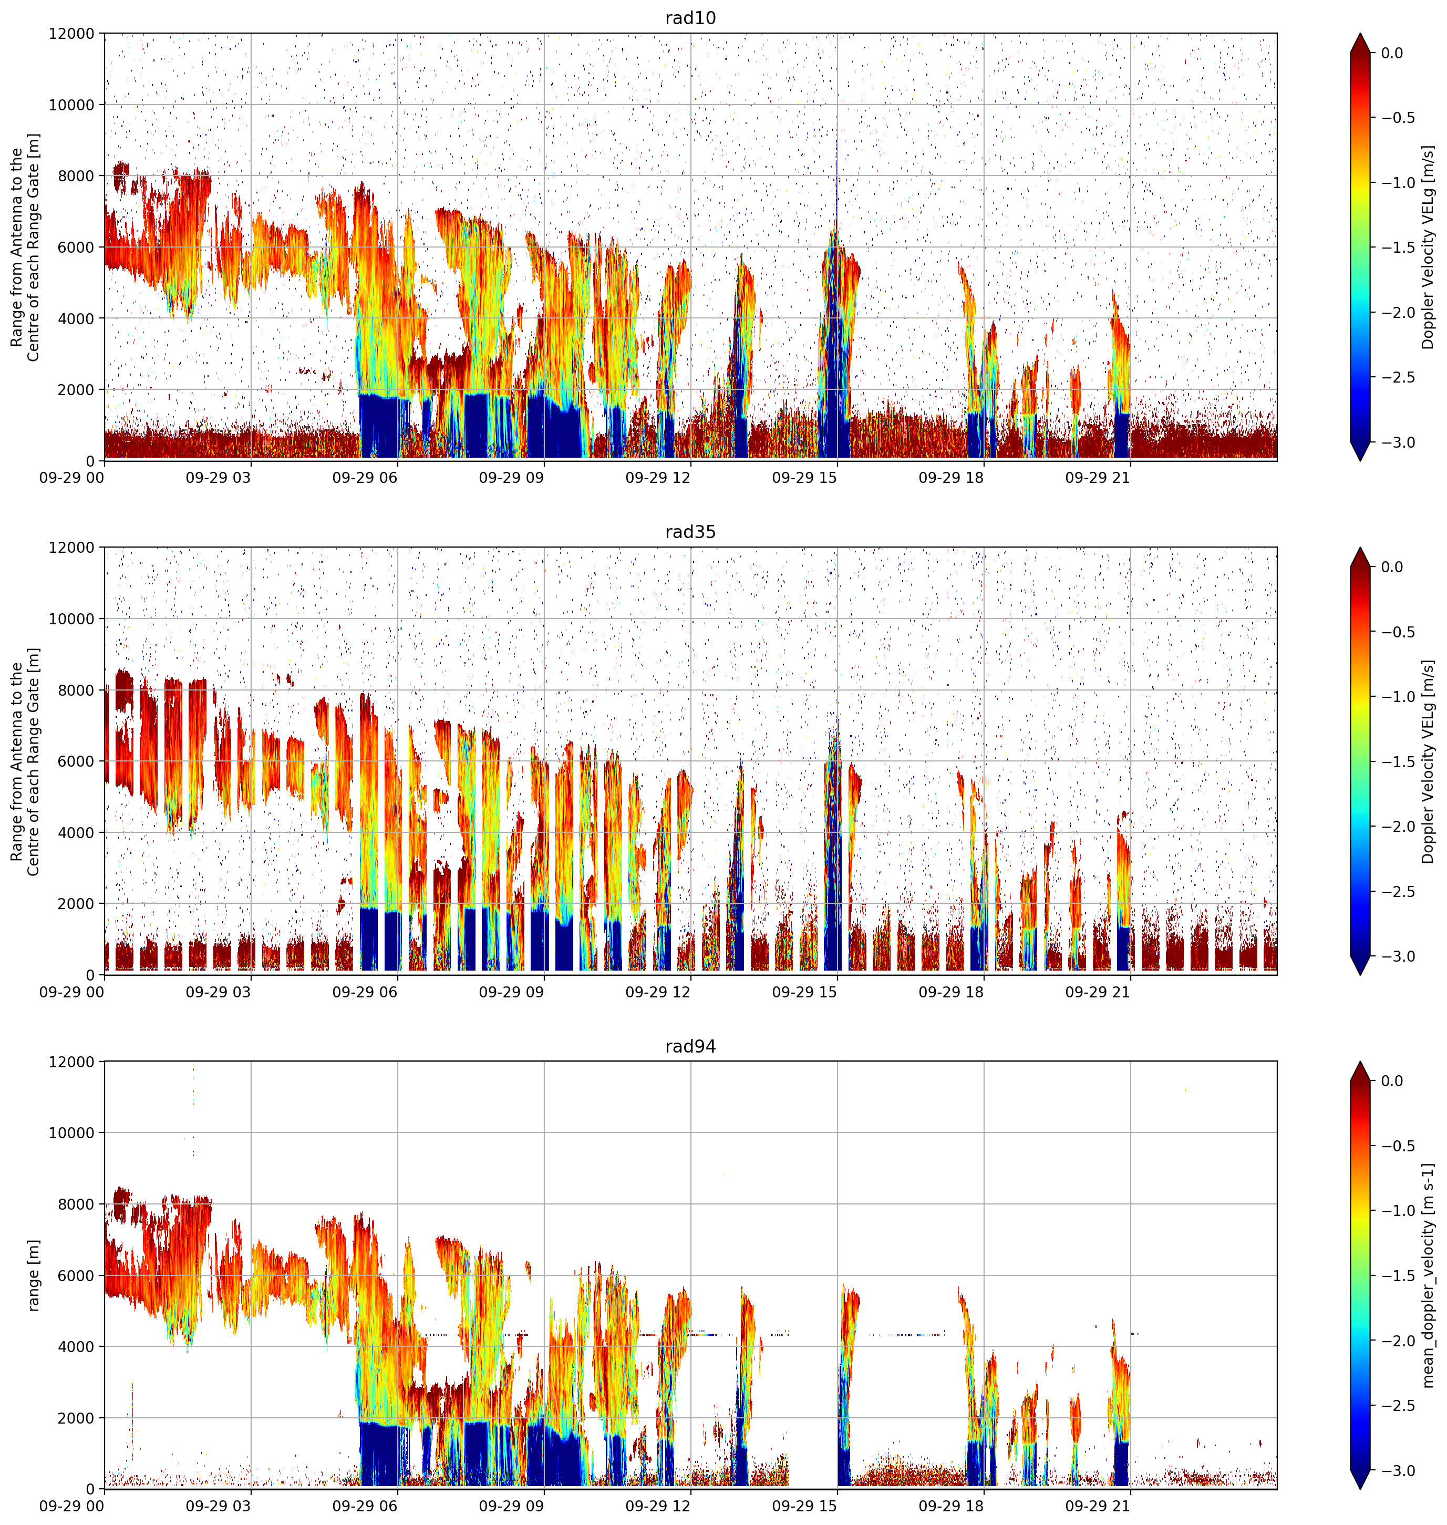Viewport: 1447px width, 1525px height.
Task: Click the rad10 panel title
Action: [690, 18]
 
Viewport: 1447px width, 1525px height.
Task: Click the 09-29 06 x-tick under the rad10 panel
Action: [365, 478]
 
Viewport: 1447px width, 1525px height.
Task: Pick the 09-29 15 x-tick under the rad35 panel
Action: [804, 992]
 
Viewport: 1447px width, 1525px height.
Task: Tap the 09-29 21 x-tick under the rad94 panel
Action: [1098, 1506]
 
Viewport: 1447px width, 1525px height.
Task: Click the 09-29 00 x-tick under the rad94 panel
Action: [72, 1506]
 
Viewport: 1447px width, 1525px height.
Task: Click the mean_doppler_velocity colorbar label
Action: [1429, 1276]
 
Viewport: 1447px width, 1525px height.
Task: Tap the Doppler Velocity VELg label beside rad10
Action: [1429, 248]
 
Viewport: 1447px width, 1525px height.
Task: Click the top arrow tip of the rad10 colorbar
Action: [1361, 33]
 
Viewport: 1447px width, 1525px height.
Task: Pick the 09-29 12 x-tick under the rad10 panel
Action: [658, 478]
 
